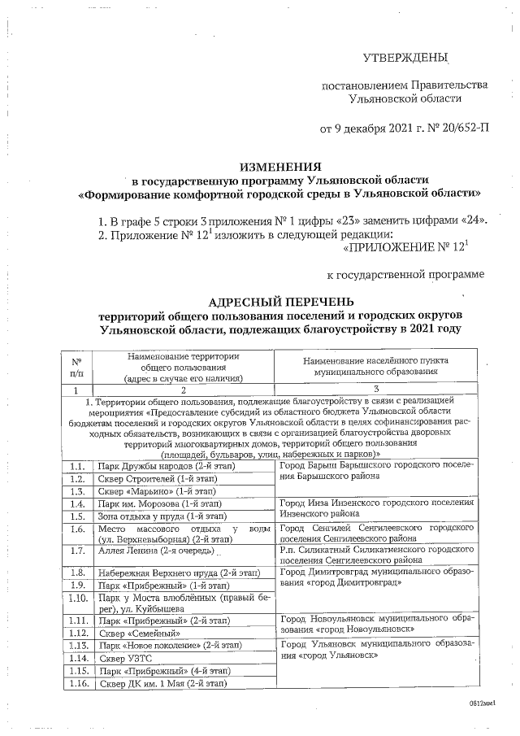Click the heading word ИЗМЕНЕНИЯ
coord(279,163)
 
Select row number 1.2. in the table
coord(77,479)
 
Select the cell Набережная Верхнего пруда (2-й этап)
coord(178,573)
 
